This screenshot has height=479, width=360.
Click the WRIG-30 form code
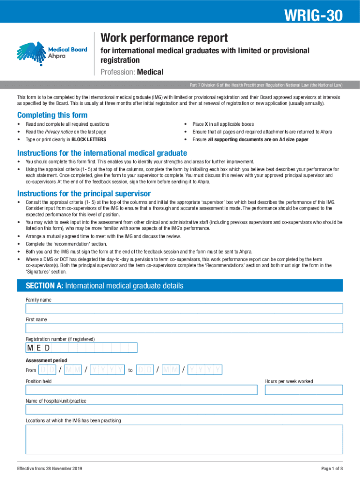pos(314,16)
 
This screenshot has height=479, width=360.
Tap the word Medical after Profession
pos(151,72)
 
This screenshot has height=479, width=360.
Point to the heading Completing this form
pos(52,115)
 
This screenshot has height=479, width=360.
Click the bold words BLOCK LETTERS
pos(88,139)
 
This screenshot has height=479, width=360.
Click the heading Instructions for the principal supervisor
pos(84,194)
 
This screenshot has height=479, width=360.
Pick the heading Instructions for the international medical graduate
pos(102,153)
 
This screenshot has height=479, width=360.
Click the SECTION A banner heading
pos(105,286)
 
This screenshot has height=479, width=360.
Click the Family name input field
pos(184,308)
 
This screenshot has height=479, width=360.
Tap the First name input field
pos(184,328)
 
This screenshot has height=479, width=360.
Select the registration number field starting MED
pos(81,348)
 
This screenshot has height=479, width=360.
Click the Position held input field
pos(141,390)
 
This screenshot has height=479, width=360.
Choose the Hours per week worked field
pos(303,390)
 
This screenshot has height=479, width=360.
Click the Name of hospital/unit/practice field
pos(184,409)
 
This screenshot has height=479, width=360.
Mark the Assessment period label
pos(46,361)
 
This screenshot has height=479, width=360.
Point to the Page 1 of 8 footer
pos(332,469)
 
